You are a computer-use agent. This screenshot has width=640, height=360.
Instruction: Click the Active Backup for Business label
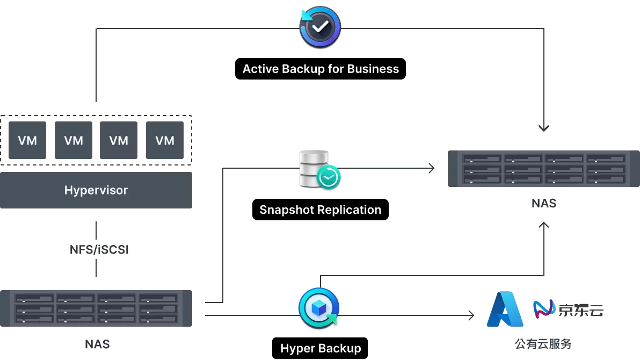click(321, 69)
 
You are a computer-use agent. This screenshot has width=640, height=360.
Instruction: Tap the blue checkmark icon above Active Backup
click(320, 27)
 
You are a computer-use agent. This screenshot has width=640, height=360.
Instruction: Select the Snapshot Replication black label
click(321, 210)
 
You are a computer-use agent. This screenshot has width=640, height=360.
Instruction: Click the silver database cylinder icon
click(314, 168)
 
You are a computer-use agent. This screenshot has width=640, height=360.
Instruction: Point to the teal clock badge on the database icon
click(329, 177)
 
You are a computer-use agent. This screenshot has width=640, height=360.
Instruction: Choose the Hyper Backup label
click(320, 348)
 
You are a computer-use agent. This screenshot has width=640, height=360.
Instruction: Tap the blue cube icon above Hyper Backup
click(319, 308)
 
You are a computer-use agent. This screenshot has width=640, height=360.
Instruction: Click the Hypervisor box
click(96, 190)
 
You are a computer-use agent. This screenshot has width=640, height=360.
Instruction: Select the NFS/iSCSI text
click(99, 250)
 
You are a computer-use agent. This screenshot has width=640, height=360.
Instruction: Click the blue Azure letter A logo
click(505, 309)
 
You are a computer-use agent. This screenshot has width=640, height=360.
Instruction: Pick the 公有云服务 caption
click(543, 344)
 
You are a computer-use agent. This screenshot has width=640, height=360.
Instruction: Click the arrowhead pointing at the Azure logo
click(471, 315)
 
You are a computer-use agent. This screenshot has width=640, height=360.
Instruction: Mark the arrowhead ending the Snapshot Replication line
click(432, 168)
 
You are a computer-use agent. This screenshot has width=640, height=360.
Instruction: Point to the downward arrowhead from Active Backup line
click(544, 128)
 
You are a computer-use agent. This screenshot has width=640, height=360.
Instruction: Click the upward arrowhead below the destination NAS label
click(544, 225)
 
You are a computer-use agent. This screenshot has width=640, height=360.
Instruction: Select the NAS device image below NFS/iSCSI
click(96, 308)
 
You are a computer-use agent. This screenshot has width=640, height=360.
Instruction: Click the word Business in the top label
click(373, 69)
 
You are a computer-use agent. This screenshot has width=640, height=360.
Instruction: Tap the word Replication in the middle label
click(349, 210)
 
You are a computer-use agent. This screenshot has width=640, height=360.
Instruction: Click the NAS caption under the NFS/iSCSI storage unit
click(97, 344)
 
